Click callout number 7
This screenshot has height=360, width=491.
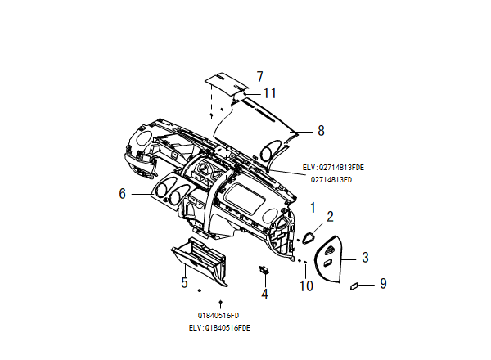[x=259, y=77]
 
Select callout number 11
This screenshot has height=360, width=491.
[x=270, y=93]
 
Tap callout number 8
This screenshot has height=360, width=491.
[x=321, y=131]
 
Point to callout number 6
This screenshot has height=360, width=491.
[x=123, y=193]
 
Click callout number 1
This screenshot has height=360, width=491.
[x=313, y=208]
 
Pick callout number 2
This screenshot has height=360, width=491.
[x=330, y=217]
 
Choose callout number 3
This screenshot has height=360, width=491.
[x=365, y=258]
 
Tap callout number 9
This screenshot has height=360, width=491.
[x=383, y=284]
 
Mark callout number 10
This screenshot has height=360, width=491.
[x=306, y=286]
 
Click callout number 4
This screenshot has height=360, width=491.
[x=265, y=295]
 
